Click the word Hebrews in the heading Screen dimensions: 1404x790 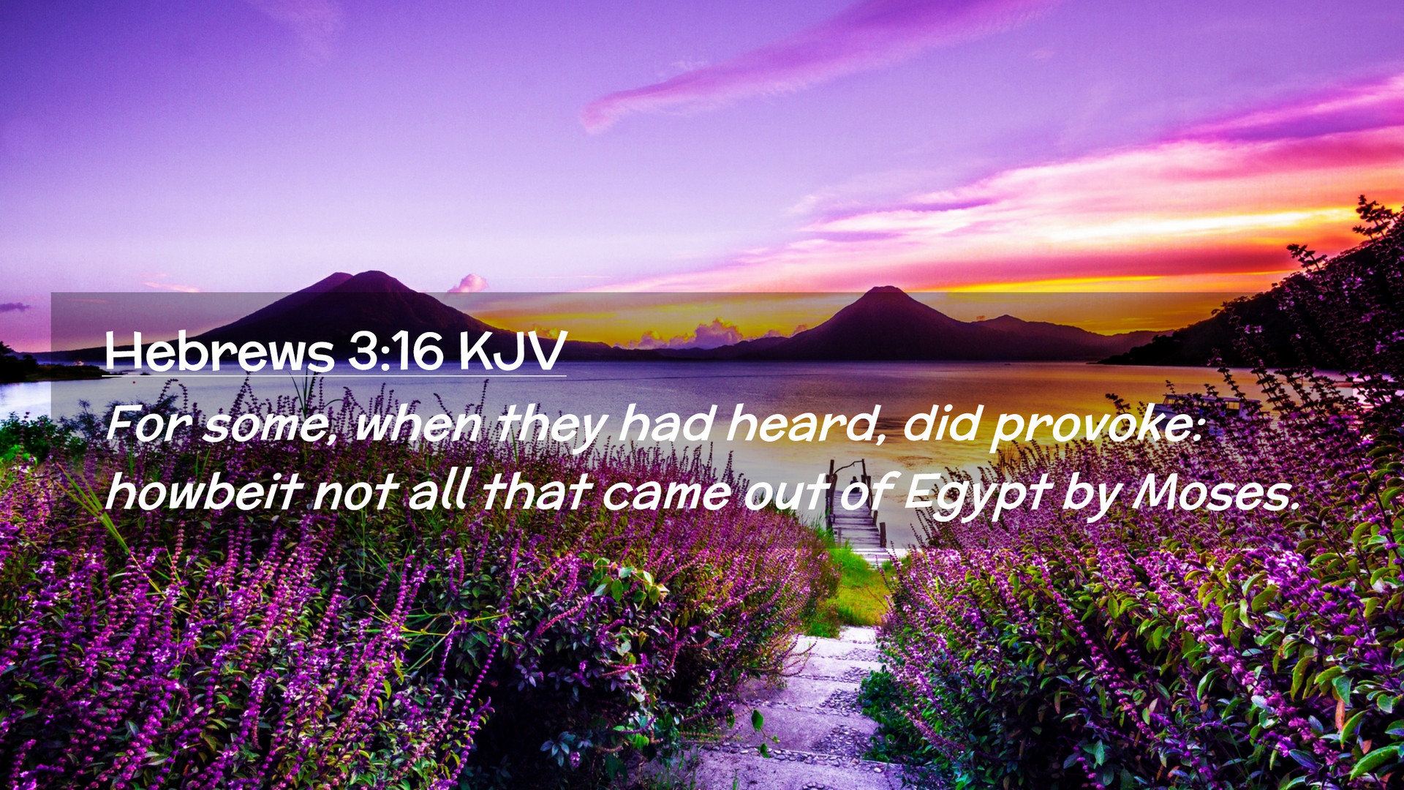click(x=219, y=352)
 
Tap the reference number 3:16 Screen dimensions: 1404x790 click(x=396, y=352)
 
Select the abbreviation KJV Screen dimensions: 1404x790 click(x=513, y=352)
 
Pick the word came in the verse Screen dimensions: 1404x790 click(x=666, y=494)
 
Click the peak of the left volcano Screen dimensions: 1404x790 click(x=373, y=273)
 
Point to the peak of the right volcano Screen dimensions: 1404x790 click(x=886, y=288)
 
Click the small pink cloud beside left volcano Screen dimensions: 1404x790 click(x=469, y=283)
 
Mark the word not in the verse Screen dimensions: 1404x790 click(x=355, y=494)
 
